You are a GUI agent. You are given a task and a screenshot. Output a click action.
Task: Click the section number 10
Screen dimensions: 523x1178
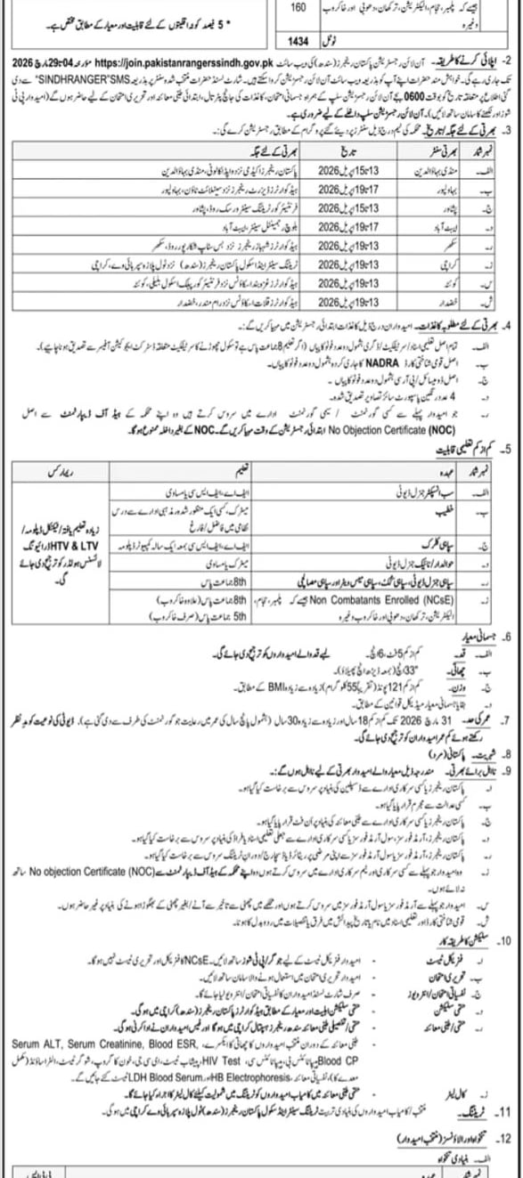pyautogui.click(x=508, y=937)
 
